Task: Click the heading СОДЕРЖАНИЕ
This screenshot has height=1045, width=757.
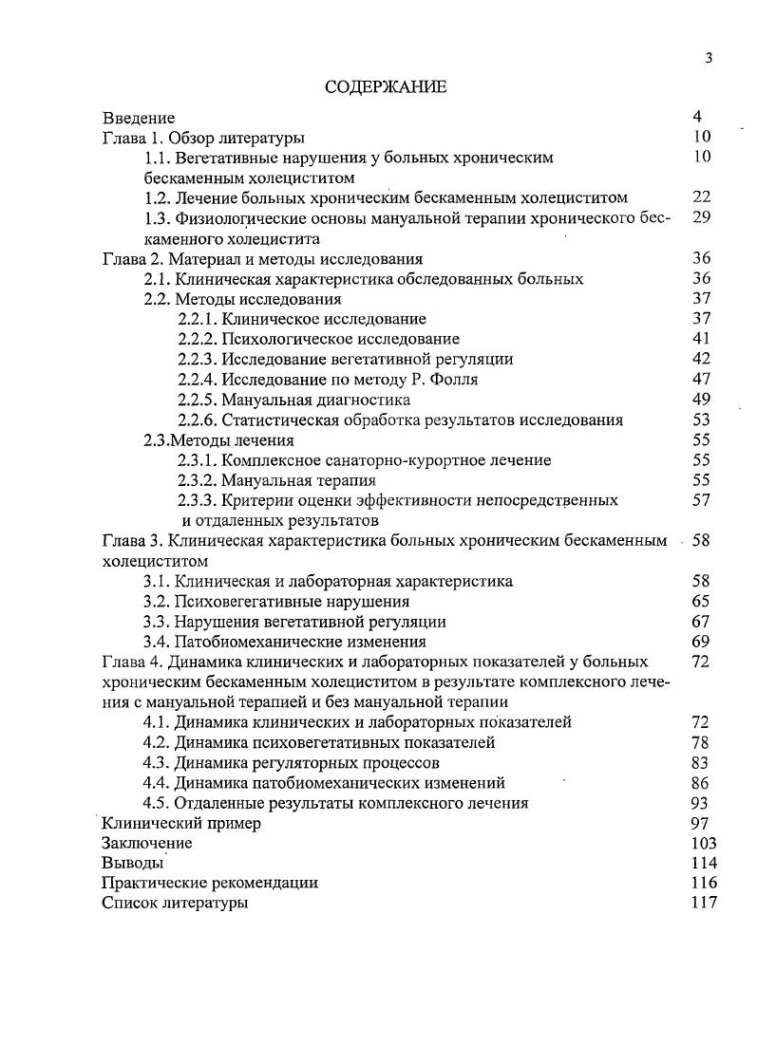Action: (385, 87)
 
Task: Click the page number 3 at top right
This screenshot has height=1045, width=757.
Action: (709, 59)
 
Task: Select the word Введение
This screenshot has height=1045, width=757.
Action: (139, 118)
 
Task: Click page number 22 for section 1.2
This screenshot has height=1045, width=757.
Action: (702, 197)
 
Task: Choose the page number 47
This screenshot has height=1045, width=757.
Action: (702, 380)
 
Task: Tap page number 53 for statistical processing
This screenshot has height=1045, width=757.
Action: (702, 420)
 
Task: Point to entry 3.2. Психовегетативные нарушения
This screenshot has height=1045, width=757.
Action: (276, 602)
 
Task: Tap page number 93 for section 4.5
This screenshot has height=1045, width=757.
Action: (702, 803)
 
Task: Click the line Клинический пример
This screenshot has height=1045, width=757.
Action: (180, 824)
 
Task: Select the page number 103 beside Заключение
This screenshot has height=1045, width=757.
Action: (705, 844)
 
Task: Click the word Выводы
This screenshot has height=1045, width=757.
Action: (132, 864)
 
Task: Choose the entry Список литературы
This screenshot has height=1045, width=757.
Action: (175, 904)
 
